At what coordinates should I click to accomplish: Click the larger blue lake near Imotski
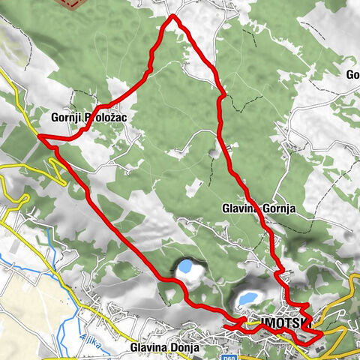(x=246, y=298)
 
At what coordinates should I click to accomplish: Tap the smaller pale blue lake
(x=185, y=266)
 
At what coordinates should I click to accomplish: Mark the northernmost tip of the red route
(x=173, y=16)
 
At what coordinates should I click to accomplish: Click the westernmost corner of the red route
(x=38, y=137)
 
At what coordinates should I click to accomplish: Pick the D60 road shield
(x=254, y=355)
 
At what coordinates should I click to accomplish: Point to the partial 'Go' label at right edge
(x=352, y=74)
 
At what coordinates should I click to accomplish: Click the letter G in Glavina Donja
(x=133, y=347)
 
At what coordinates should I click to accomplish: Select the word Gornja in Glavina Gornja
(x=280, y=208)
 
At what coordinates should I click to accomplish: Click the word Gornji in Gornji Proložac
(x=66, y=117)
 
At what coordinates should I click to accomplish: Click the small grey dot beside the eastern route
(x=213, y=154)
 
